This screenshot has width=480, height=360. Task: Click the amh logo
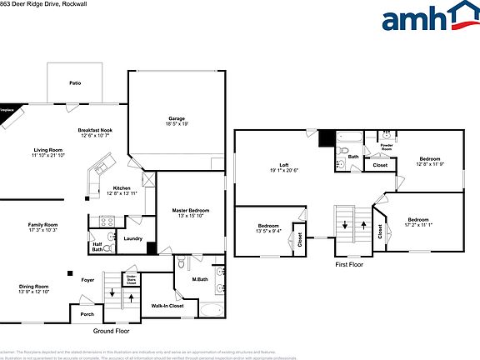tap(427, 20)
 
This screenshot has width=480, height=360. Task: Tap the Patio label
tap(75, 83)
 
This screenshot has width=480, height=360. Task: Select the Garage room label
tap(177, 118)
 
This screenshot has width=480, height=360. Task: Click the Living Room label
tap(47, 150)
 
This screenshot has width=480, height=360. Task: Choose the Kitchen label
tap(122, 188)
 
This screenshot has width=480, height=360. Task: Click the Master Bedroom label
tap(191, 210)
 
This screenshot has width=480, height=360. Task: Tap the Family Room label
tap(42, 225)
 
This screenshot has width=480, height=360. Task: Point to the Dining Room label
tap(34, 287)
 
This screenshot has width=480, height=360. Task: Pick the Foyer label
tap(87, 280)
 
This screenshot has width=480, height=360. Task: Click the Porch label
tap(87, 314)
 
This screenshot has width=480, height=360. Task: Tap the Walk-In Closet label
tap(167, 307)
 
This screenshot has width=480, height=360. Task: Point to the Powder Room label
tap(387, 147)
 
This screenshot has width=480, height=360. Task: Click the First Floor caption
tap(348, 264)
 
